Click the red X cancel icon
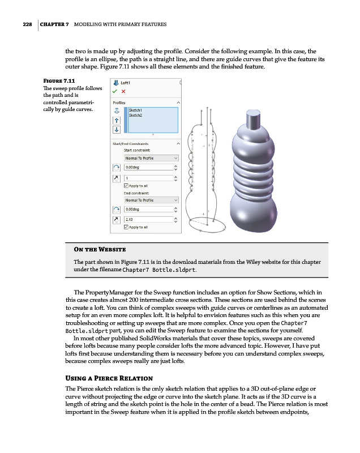124,91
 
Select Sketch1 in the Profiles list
136,110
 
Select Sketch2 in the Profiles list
136,115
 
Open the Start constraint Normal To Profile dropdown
151,158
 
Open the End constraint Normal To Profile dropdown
151,200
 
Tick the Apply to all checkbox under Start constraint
126,185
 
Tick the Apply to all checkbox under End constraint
126,227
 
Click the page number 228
23,25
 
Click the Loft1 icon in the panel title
117,82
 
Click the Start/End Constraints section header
132,143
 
